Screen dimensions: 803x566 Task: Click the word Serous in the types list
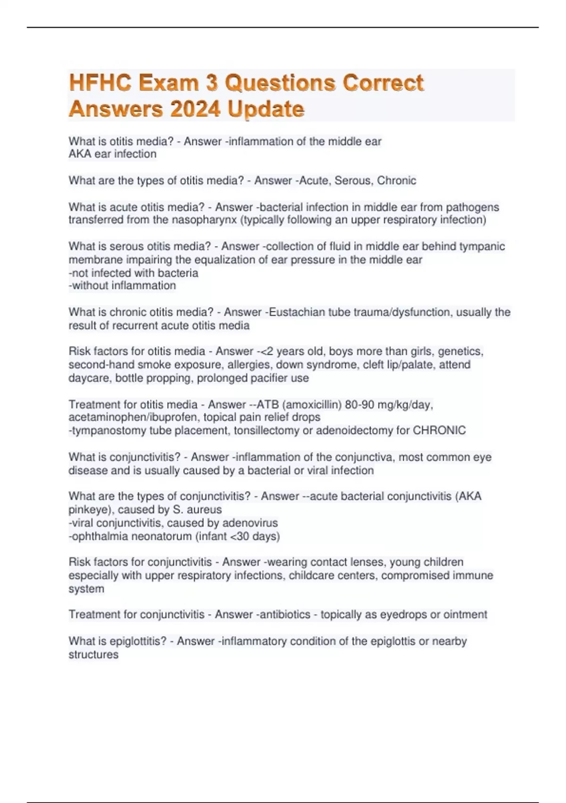[352, 180]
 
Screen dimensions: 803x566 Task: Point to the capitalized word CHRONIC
[439, 431]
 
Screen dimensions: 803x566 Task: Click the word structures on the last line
[93, 655]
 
